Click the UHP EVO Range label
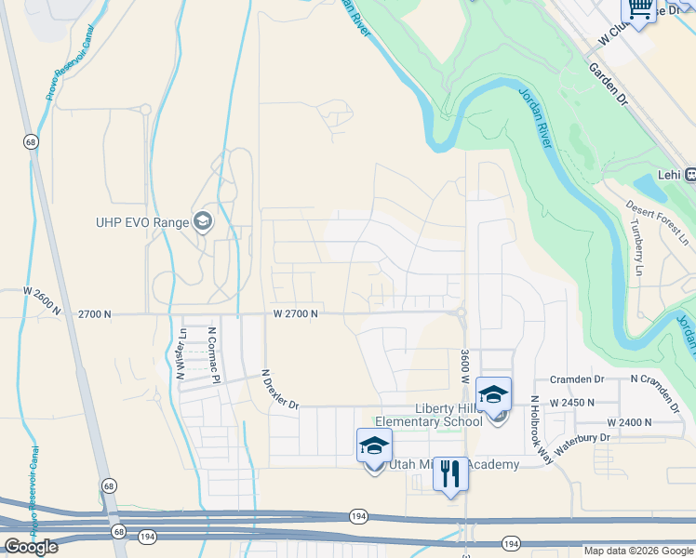click(141, 221)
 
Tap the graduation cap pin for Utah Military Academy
click(374, 446)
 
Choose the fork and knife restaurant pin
click(450, 474)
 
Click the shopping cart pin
click(639, 12)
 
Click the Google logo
click(30, 547)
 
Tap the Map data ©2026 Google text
click(638, 551)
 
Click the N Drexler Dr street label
click(280, 392)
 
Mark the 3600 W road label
click(463, 367)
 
